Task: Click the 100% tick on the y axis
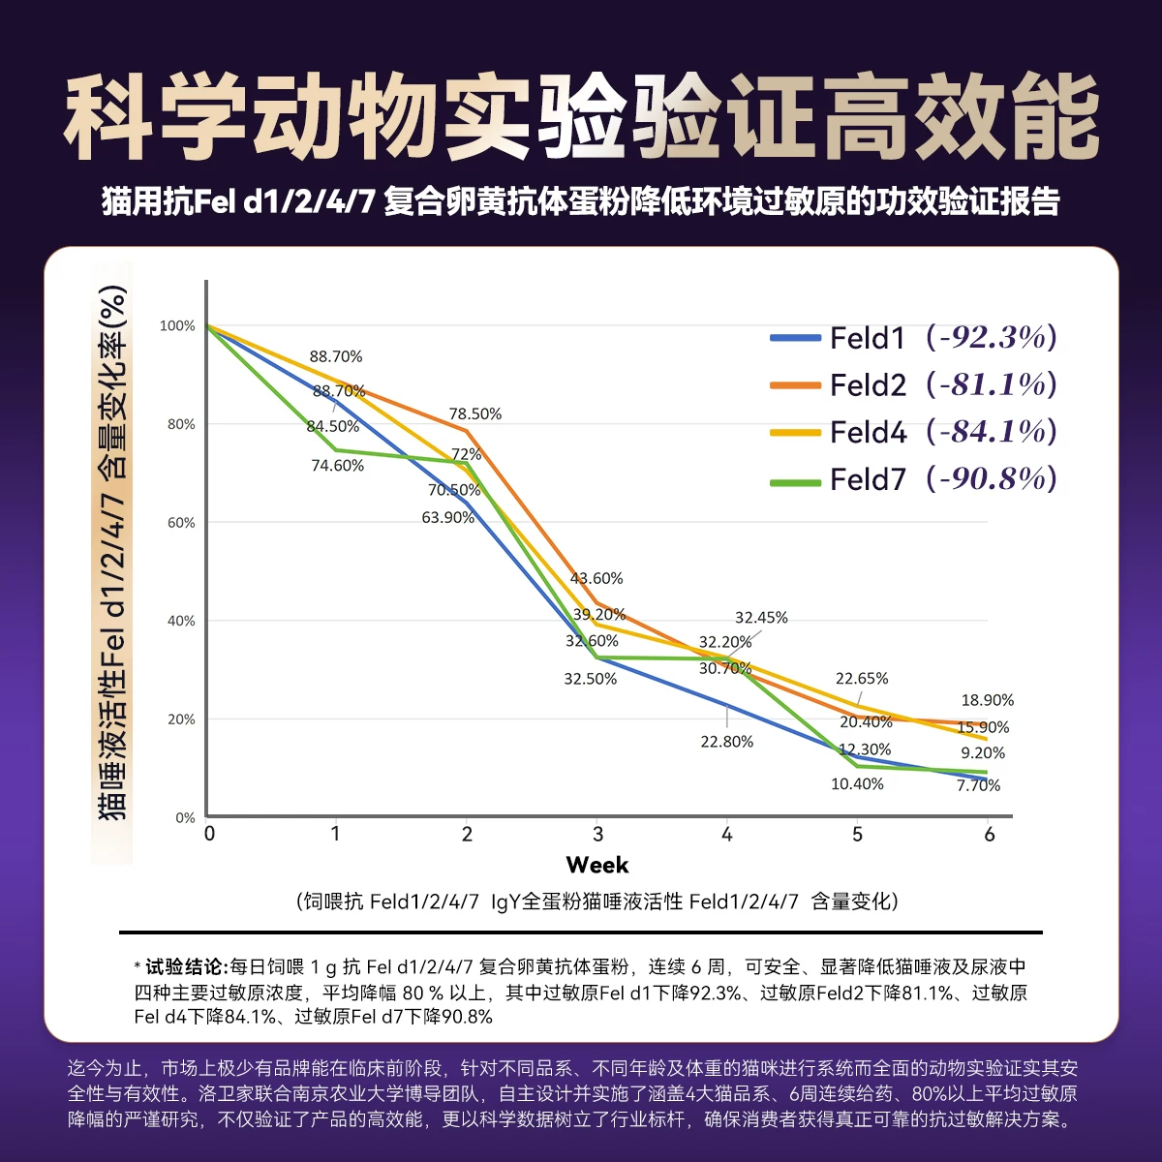177,326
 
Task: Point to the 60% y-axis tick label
180,523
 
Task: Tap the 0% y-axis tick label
185,818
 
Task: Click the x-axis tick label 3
597,835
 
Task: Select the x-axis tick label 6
989,835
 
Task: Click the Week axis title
597,865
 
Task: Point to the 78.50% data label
474,414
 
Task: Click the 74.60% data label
337,466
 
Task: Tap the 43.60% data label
596,579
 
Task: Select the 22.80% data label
726,742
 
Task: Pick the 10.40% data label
857,784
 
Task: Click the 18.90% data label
987,700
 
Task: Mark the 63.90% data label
447,518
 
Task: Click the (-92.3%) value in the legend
991,338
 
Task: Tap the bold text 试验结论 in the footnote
184,966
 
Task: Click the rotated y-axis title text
112,552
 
